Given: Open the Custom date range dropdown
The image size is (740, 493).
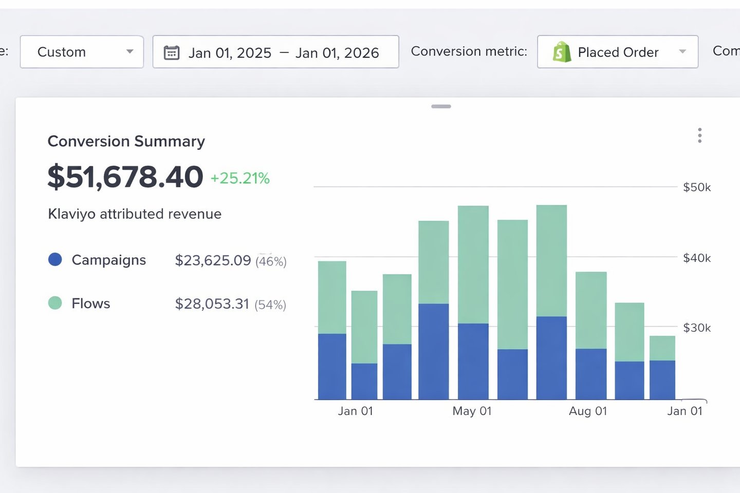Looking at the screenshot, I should click(x=81, y=52).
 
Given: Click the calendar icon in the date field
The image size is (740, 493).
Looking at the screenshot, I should click(x=172, y=52).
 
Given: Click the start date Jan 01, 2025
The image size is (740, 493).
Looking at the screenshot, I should click(x=230, y=53).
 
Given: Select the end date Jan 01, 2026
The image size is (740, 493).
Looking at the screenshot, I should click(x=337, y=53).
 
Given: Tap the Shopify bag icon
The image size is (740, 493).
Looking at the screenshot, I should click(x=562, y=52).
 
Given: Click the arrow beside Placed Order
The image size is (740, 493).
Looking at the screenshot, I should click(x=682, y=52).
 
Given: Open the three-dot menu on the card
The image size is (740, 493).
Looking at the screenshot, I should click(x=699, y=136).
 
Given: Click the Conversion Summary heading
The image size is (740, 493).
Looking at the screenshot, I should click(x=126, y=141).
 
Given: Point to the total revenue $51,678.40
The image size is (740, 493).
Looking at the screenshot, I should click(x=125, y=177).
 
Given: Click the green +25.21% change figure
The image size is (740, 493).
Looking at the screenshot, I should click(x=240, y=178).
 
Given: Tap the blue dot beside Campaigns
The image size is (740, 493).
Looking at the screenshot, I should click(x=55, y=260).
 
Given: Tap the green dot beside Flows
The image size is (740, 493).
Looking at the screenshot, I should click(x=55, y=303).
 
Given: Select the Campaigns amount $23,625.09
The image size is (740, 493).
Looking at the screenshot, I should click(x=213, y=260).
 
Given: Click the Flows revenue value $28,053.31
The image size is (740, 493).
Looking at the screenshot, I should click(x=212, y=304).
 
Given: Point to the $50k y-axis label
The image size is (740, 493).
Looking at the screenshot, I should click(x=696, y=187).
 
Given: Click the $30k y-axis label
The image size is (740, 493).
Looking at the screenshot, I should click(x=696, y=328).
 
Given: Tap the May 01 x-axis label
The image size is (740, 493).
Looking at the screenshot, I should click(x=472, y=411).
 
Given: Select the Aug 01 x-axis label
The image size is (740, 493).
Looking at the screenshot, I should click(x=588, y=411).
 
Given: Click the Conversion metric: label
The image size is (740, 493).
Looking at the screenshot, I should click(x=469, y=51).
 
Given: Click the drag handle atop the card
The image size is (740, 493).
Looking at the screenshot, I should click(x=441, y=106).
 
